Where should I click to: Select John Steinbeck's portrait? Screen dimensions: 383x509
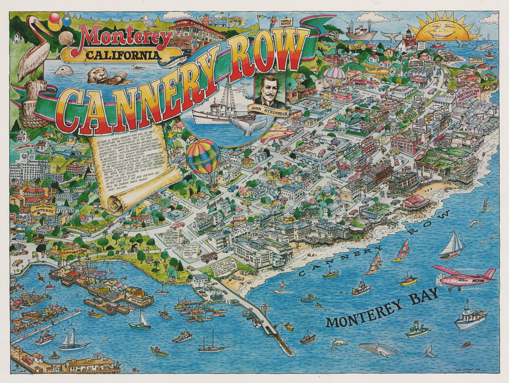click(271, 91)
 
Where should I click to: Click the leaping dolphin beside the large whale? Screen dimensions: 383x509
click(339, 343)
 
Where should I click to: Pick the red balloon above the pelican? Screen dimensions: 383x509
click(55, 18)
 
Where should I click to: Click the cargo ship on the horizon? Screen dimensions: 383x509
click(361, 32)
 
